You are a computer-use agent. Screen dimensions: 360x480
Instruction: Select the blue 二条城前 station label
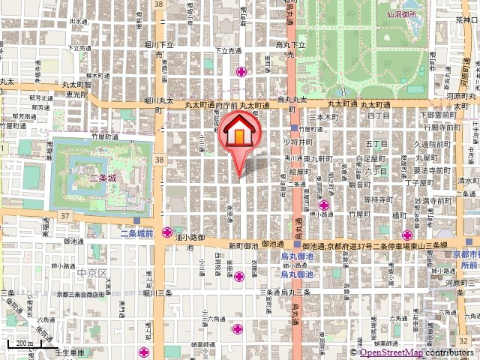137,234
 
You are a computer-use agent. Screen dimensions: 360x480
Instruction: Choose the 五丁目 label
375,143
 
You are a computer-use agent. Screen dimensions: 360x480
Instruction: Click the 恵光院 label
75,95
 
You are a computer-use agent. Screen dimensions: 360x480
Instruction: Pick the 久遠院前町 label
435,143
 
